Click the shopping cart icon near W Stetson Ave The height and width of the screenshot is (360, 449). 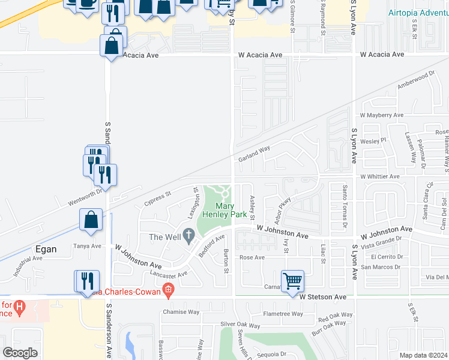coord(292,280)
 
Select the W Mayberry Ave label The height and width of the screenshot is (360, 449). coord(381,115)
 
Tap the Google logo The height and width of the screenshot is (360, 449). coord(20,353)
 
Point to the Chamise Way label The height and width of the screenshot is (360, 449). coord(181,312)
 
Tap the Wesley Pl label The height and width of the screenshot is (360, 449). coord(372,140)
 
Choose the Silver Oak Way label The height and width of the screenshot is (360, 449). coord(240,325)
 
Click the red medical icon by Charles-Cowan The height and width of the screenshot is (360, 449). coord(169,292)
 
